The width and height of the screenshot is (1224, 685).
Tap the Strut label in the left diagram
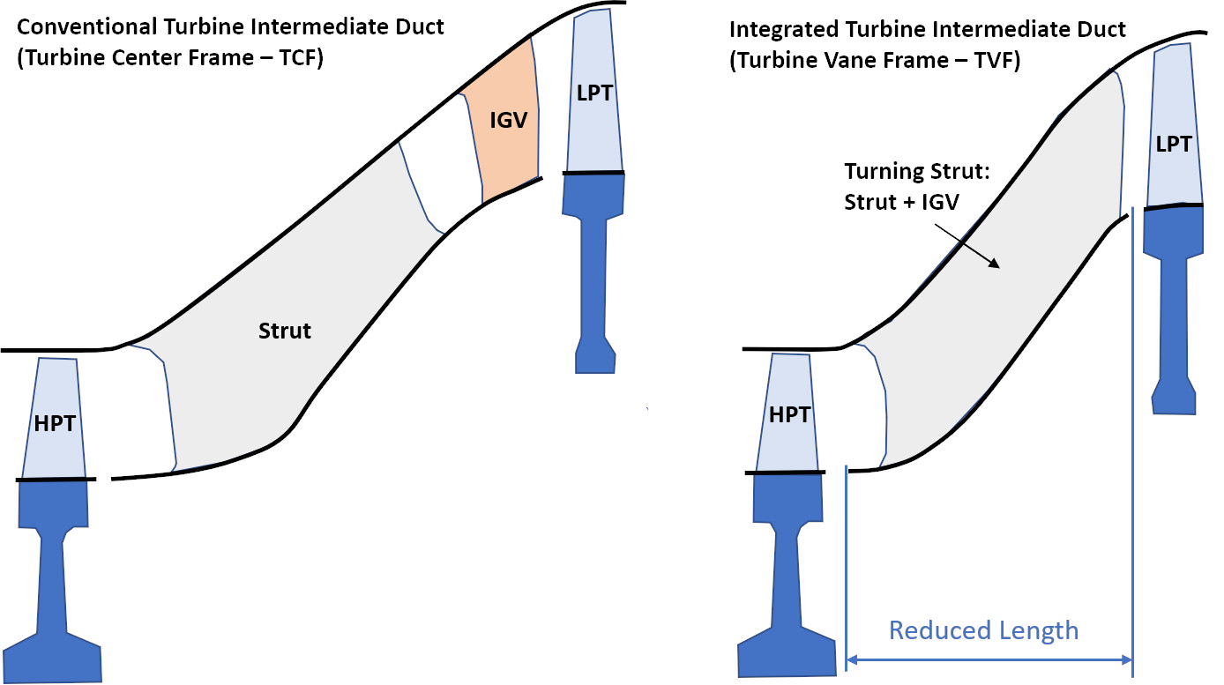coord(285,331)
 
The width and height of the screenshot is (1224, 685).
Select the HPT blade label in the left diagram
coord(55,424)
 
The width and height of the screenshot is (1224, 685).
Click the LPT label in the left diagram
coord(595,92)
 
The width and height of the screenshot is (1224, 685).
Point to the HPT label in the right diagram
coord(789,415)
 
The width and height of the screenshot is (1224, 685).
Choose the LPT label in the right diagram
coord(1174,145)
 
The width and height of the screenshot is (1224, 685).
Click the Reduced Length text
coord(983,630)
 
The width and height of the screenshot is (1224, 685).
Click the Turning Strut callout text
coord(917,171)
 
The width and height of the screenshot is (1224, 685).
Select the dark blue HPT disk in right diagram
coord(787,564)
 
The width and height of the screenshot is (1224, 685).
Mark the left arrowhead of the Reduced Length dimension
coord(853,659)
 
